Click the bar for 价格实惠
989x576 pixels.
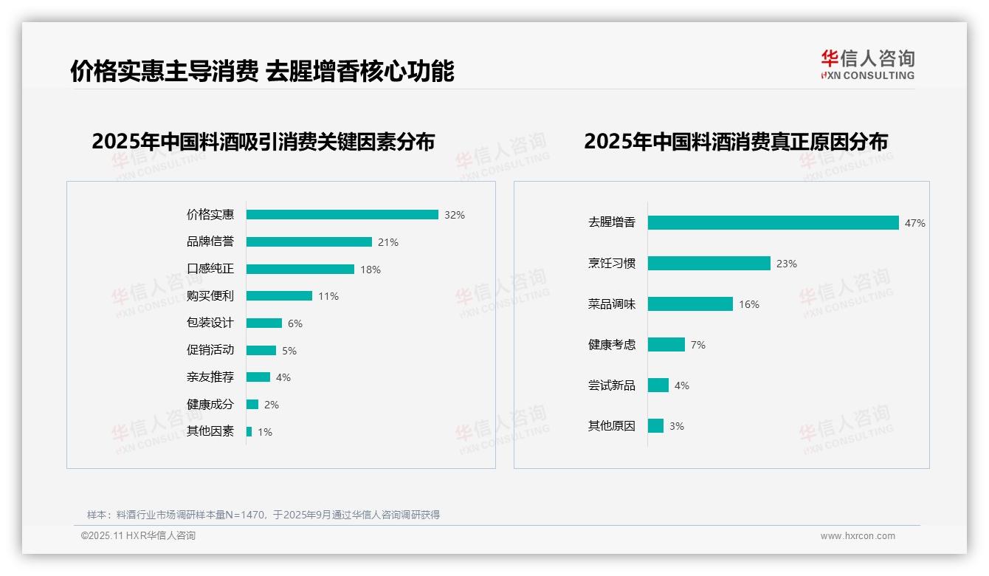coord(342,215)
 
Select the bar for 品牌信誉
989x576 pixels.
coord(309,242)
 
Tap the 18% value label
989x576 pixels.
coord(371,270)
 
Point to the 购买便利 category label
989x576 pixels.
coord(210,296)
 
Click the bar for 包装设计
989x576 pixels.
coord(263,323)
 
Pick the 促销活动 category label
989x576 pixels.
coord(210,350)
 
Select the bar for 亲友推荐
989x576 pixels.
coord(258,377)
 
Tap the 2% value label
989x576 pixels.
coord(272,405)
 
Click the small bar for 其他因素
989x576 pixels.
coord(249,431)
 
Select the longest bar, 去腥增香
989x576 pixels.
coord(773,223)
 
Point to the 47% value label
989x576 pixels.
coord(915,223)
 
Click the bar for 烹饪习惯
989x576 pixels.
coord(709,264)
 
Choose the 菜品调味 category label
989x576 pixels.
coord(612,304)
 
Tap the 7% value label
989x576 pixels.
coord(698,345)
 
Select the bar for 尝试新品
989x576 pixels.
coord(658,385)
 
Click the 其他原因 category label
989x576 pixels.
coord(612,426)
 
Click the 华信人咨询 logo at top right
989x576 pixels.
coord(867,64)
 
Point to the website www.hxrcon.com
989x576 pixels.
coord(858,536)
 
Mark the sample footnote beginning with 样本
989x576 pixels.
coord(263,515)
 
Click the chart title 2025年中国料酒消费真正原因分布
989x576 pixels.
coord(736,142)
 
